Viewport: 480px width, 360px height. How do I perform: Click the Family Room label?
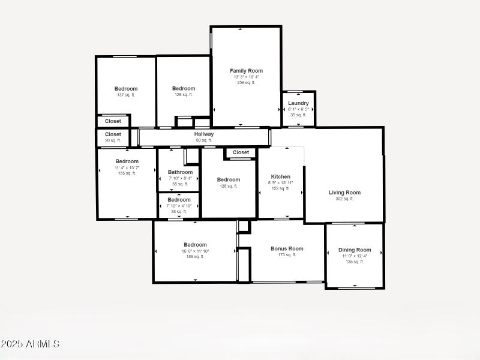246,71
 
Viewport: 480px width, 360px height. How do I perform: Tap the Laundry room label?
298,103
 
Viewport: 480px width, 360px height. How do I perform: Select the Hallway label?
204,134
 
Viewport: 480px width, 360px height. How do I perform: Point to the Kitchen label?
280,177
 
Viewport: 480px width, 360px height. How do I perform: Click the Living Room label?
344,193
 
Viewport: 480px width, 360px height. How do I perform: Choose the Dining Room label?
355,250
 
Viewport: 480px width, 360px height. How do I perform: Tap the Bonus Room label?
287,248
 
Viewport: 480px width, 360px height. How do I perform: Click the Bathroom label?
180,172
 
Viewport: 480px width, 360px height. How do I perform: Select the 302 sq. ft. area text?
344,199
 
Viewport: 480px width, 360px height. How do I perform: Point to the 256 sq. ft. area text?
246,83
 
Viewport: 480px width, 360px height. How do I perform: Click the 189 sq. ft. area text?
195,256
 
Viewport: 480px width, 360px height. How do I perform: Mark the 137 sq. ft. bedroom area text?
126,95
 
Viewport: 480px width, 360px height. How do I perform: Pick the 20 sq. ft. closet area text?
113,140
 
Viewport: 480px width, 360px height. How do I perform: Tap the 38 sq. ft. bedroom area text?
179,211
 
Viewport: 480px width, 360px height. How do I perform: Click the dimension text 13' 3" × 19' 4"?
247,77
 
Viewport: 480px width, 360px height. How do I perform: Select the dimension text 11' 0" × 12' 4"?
355,256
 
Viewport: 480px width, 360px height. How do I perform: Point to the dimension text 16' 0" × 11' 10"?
195,251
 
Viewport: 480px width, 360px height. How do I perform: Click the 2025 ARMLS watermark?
30,344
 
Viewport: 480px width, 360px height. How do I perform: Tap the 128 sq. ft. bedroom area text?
228,186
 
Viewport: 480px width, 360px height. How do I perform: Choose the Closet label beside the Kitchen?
241,152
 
